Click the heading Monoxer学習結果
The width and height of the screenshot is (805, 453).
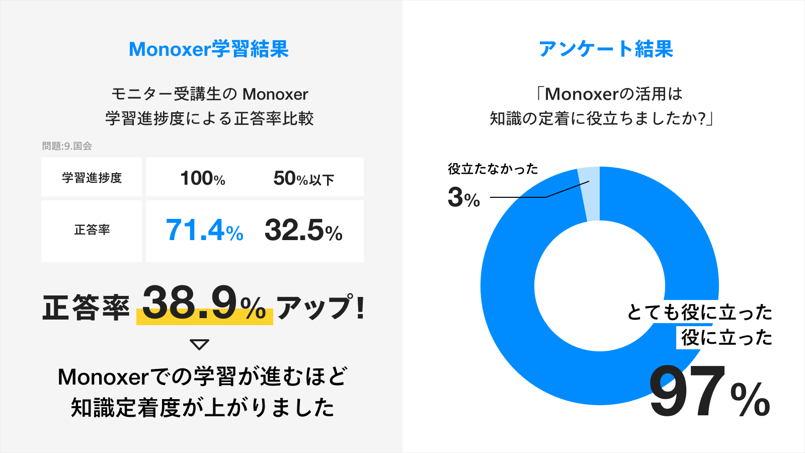point(209,49)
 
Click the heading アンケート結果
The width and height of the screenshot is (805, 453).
point(606,49)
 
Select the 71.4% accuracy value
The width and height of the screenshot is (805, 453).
point(204,230)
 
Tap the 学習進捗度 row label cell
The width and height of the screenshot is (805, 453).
point(92,178)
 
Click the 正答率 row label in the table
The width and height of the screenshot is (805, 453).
point(92,230)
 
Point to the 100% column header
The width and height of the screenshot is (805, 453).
point(203,178)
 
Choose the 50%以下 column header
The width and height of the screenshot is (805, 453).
point(304,178)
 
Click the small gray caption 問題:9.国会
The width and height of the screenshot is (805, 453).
point(67,146)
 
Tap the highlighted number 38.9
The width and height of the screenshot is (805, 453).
point(190,303)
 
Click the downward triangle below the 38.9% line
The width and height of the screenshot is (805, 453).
point(199,344)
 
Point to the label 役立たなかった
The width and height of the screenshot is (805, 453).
point(493,169)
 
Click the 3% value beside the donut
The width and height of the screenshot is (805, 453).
point(464,198)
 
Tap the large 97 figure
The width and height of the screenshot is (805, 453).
point(687,391)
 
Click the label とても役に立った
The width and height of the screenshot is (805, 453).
point(700,312)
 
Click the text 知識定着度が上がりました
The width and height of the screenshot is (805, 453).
point(203,408)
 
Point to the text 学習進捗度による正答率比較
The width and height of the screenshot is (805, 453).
point(209,118)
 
